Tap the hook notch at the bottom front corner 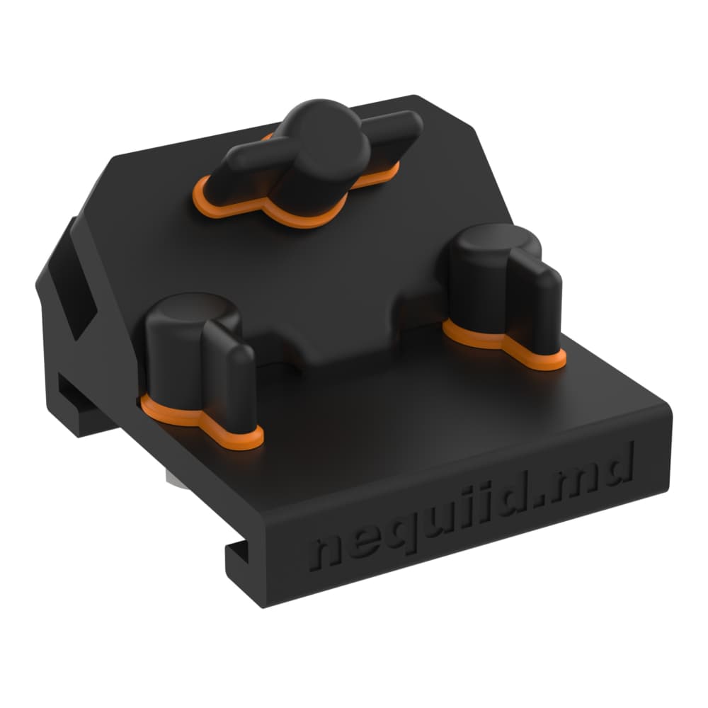[237, 556]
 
